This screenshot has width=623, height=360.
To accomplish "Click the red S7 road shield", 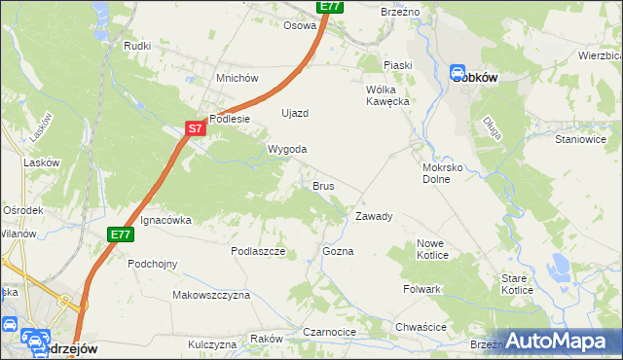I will point(196,127).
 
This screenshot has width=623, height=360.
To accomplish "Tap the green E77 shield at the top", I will point(330,6).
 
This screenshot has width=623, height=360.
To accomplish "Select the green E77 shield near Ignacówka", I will point(121,234).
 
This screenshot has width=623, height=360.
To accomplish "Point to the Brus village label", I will point(324,185).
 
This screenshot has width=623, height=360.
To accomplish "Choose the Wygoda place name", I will point(288,149).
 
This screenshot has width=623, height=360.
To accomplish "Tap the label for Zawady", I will point(374,216).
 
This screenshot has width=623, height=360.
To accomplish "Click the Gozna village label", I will point(338,251).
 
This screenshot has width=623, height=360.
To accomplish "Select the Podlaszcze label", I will point(257,251).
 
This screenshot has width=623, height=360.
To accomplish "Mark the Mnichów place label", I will point(237,78).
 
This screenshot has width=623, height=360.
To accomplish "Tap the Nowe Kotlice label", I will point(432,249).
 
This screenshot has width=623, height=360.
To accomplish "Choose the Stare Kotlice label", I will point(517,284).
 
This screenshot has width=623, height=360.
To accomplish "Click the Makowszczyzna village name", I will point(211,294).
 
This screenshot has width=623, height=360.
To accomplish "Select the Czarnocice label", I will point(329,332).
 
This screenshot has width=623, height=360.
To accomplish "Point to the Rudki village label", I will point(136,46).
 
